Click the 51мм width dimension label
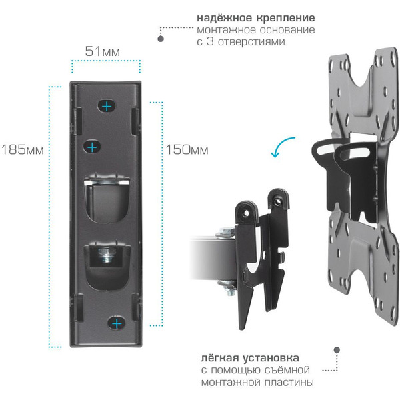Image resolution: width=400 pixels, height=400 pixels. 102,51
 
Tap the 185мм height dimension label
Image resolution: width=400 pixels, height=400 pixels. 23,149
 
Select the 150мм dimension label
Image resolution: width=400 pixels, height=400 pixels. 187,149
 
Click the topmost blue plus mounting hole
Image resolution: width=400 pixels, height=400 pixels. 107,106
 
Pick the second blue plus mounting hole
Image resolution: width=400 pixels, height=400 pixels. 92,147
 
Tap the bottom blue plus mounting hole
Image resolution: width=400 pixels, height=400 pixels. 117,324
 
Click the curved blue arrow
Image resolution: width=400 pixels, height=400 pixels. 281,147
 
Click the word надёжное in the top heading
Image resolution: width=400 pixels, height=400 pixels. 225,18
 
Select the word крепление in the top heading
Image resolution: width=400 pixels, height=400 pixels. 285,18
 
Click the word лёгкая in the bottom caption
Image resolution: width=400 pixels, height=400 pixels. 219,358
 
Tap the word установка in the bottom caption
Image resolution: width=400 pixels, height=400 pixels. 271,358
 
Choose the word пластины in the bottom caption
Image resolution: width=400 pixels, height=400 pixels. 289,383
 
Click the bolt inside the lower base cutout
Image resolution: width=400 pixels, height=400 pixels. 107,255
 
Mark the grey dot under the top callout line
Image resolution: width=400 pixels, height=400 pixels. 161,39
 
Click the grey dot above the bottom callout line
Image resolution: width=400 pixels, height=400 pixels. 337,349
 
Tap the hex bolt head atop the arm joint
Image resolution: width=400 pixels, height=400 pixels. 226,231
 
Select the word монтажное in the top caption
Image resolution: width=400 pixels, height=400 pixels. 226,30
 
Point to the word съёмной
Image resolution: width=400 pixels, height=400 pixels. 284,370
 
